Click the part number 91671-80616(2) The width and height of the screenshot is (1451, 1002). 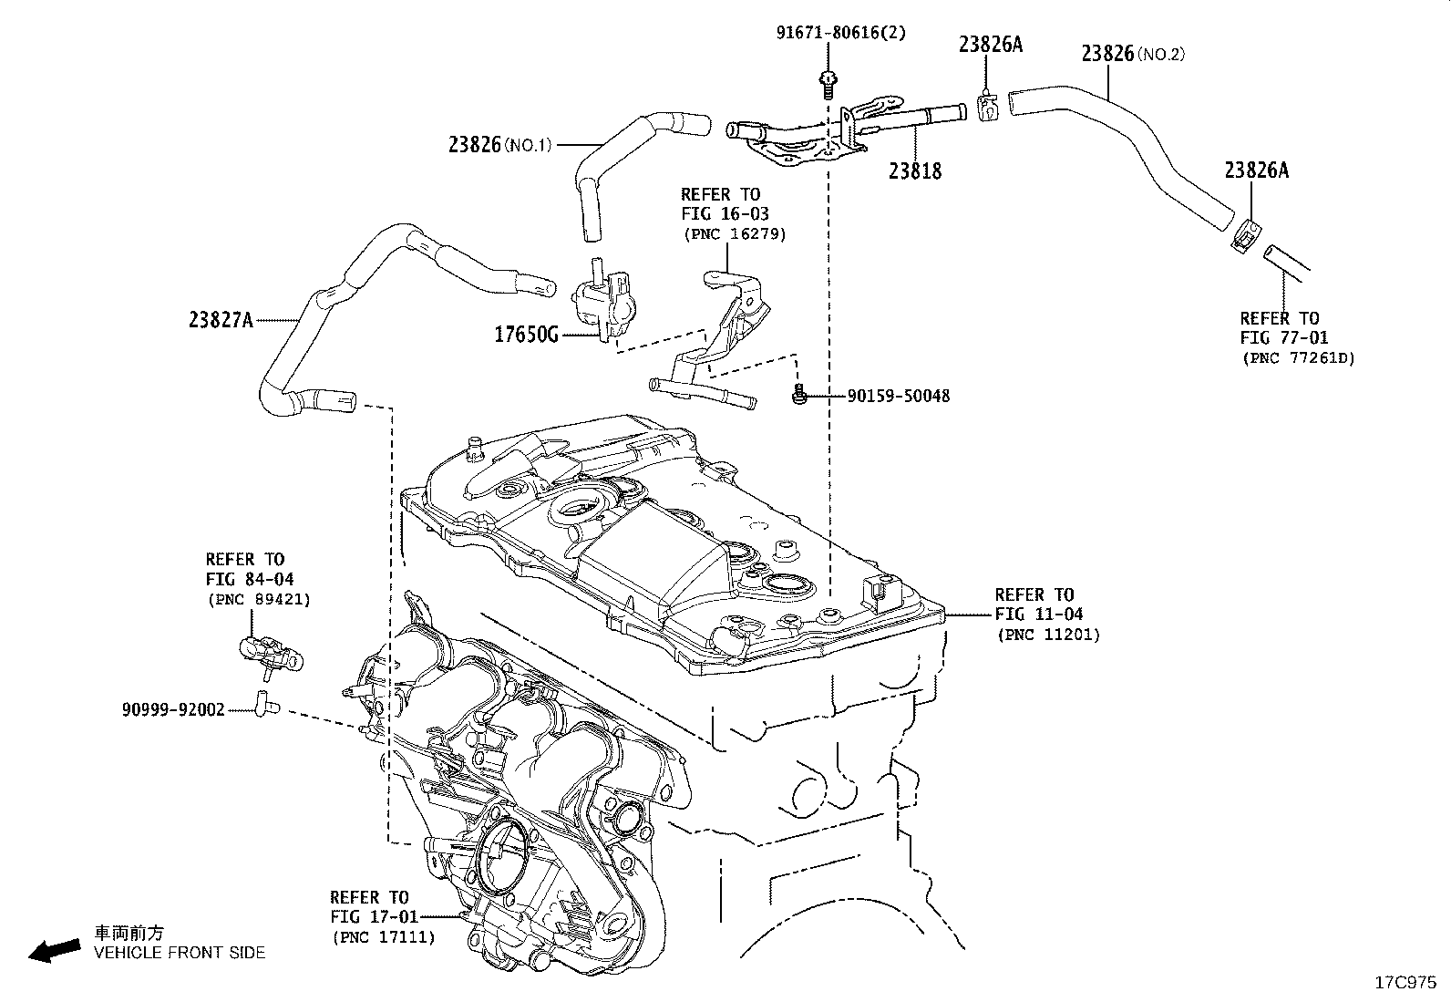coord(841,33)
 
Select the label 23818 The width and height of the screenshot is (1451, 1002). coord(915,171)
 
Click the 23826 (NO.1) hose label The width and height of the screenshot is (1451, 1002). coord(500,145)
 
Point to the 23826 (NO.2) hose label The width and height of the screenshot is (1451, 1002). coord(1133,54)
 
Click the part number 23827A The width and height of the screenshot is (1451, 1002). coord(221,319)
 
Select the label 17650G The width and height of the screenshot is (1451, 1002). coord(526,335)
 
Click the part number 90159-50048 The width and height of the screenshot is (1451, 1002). coord(899,396)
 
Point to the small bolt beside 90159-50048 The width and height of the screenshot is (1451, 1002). coord(800,393)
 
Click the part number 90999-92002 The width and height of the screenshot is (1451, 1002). coord(173,709)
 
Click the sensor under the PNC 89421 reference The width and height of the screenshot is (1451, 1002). coord(271,655)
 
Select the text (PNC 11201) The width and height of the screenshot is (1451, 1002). coord(1048,635)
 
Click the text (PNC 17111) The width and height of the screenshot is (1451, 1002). coord(384,937)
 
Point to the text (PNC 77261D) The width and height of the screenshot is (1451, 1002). coord(1298,357)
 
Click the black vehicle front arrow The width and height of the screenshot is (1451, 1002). coord(55,951)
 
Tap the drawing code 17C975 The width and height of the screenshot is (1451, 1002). coord(1405,983)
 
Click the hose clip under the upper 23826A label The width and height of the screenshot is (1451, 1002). coord(987,107)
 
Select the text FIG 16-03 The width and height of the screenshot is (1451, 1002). coord(725,214)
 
